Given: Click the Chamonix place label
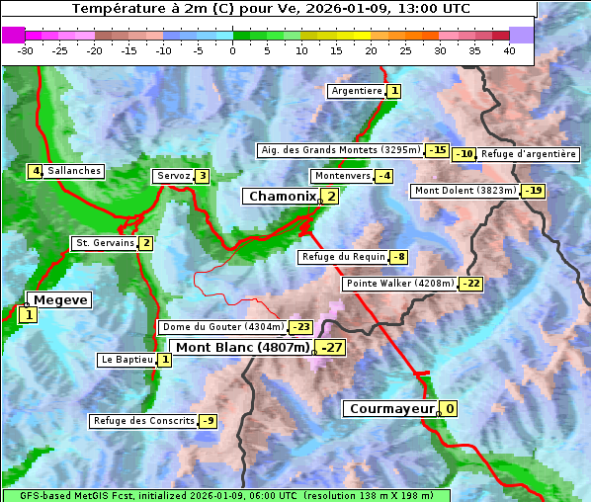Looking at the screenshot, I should click(282, 197).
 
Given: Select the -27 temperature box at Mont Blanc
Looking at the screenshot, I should click(330, 348).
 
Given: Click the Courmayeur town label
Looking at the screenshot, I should click(391, 409).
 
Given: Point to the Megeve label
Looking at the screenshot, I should click(59, 300).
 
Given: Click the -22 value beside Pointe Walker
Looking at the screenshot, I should click(470, 284).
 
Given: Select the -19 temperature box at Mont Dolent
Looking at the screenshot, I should click(534, 191).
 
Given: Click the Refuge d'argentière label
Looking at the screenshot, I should click(529, 154).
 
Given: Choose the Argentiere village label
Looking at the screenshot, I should click(357, 91).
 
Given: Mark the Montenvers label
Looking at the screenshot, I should click(342, 176).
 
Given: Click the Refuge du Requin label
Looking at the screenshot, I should click(343, 257).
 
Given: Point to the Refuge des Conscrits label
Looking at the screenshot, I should click(144, 421).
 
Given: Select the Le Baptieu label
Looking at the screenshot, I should click(127, 360).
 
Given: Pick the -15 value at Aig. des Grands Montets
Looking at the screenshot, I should click(438, 150).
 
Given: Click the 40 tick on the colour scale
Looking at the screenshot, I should click(508, 49).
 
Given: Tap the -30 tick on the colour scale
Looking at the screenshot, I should click(26, 49).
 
